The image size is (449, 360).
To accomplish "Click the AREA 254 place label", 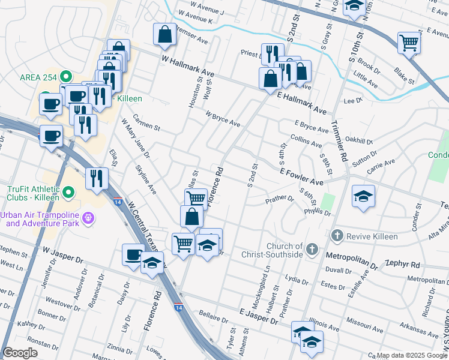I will pyautogui.click(x=39, y=77).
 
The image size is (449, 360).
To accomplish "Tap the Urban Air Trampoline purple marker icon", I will pyautogui.click(x=88, y=217).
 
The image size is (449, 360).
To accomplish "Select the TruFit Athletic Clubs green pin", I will pyautogui.click(x=68, y=193).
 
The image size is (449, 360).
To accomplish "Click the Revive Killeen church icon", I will pyautogui.click(x=337, y=236).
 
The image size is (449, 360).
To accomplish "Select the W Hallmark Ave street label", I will pyautogui.click(x=188, y=65).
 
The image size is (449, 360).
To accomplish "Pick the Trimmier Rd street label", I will pyautogui.click(x=340, y=142).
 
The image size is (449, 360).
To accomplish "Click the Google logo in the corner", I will pyautogui.click(x=20, y=353).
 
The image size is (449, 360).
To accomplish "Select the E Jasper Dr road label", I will pyautogui.click(x=258, y=317).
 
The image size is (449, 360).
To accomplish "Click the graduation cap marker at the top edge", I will pyautogui.click(x=354, y=6).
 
